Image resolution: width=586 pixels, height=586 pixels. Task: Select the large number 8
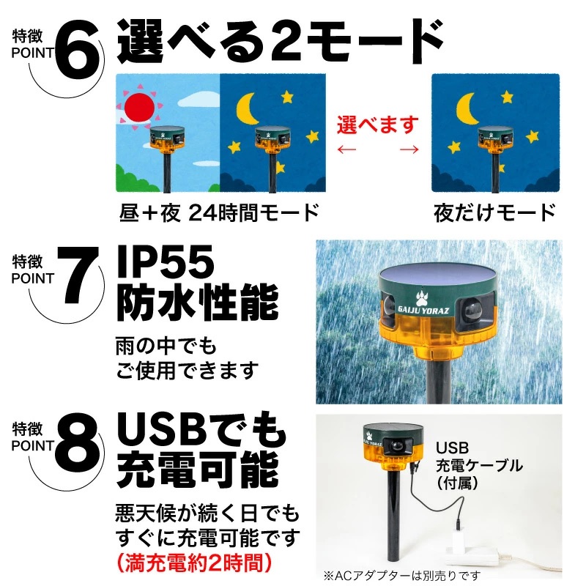(78, 444)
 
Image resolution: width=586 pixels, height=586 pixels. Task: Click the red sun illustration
(139, 107)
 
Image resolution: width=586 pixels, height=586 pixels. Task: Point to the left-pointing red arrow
(346, 149)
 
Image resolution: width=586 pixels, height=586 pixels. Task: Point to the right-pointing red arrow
(409, 149)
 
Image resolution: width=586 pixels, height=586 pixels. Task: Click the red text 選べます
(378, 125)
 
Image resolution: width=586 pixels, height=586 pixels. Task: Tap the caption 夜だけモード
(494, 213)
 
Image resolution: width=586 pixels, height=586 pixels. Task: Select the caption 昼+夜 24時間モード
(219, 212)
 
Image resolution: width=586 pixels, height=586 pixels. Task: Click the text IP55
(166, 262)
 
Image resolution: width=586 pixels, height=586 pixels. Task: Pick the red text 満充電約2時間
(194, 563)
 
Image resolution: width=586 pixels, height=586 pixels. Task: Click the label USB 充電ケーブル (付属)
(479, 465)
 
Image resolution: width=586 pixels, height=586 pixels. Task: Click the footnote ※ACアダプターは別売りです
(401, 576)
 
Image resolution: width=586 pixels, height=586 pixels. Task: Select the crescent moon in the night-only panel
(467, 108)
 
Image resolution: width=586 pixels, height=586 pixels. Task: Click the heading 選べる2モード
(281, 40)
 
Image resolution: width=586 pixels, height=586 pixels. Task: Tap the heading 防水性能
(198, 302)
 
